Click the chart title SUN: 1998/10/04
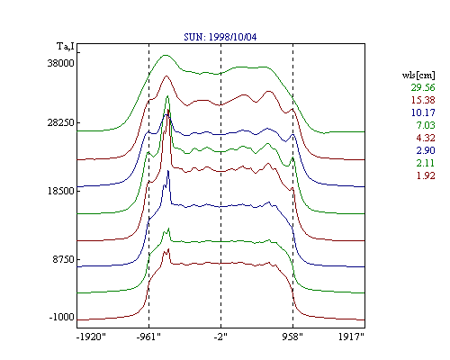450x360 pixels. pyautogui.click(x=220, y=37)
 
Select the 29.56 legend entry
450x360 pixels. pyautogui.click(x=423, y=87)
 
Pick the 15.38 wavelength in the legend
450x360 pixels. pyautogui.click(x=423, y=100)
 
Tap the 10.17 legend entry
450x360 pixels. pyautogui.click(x=423, y=112)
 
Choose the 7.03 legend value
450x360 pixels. pyautogui.click(x=426, y=125)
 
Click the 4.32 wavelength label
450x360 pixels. pyautogui.click(x=426, y=138)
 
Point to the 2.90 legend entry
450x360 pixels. pyautogui.click(x=426, y=150)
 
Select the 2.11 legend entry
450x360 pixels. pyautogui.click(x=426, y=163)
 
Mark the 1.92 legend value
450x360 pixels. pyautogui.click(x=426, y=175)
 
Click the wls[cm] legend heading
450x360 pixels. pyautogui.click(x=418, y=76)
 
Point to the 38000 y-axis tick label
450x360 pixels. pyautogui.click(x=60, y=63)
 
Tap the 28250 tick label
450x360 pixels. pyautogui.click(x=60, y=122)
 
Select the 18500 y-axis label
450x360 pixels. pyautogui.click(x=60, y=191)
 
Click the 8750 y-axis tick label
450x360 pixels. pyautogui.click(x=63, y=259)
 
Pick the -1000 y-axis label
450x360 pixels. pyautogui.click(x=61, y=317)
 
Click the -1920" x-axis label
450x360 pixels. pyautogui.click(x=91, y=337)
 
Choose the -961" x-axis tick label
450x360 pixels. pyautogui.click(x=148, y=337)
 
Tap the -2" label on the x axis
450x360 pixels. pyautogui.click(x=220, y=337)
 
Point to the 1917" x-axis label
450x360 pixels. pyautogui.click(x=351, y=337)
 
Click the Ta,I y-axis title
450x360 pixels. pyautogui.click(x=66, y=47)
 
